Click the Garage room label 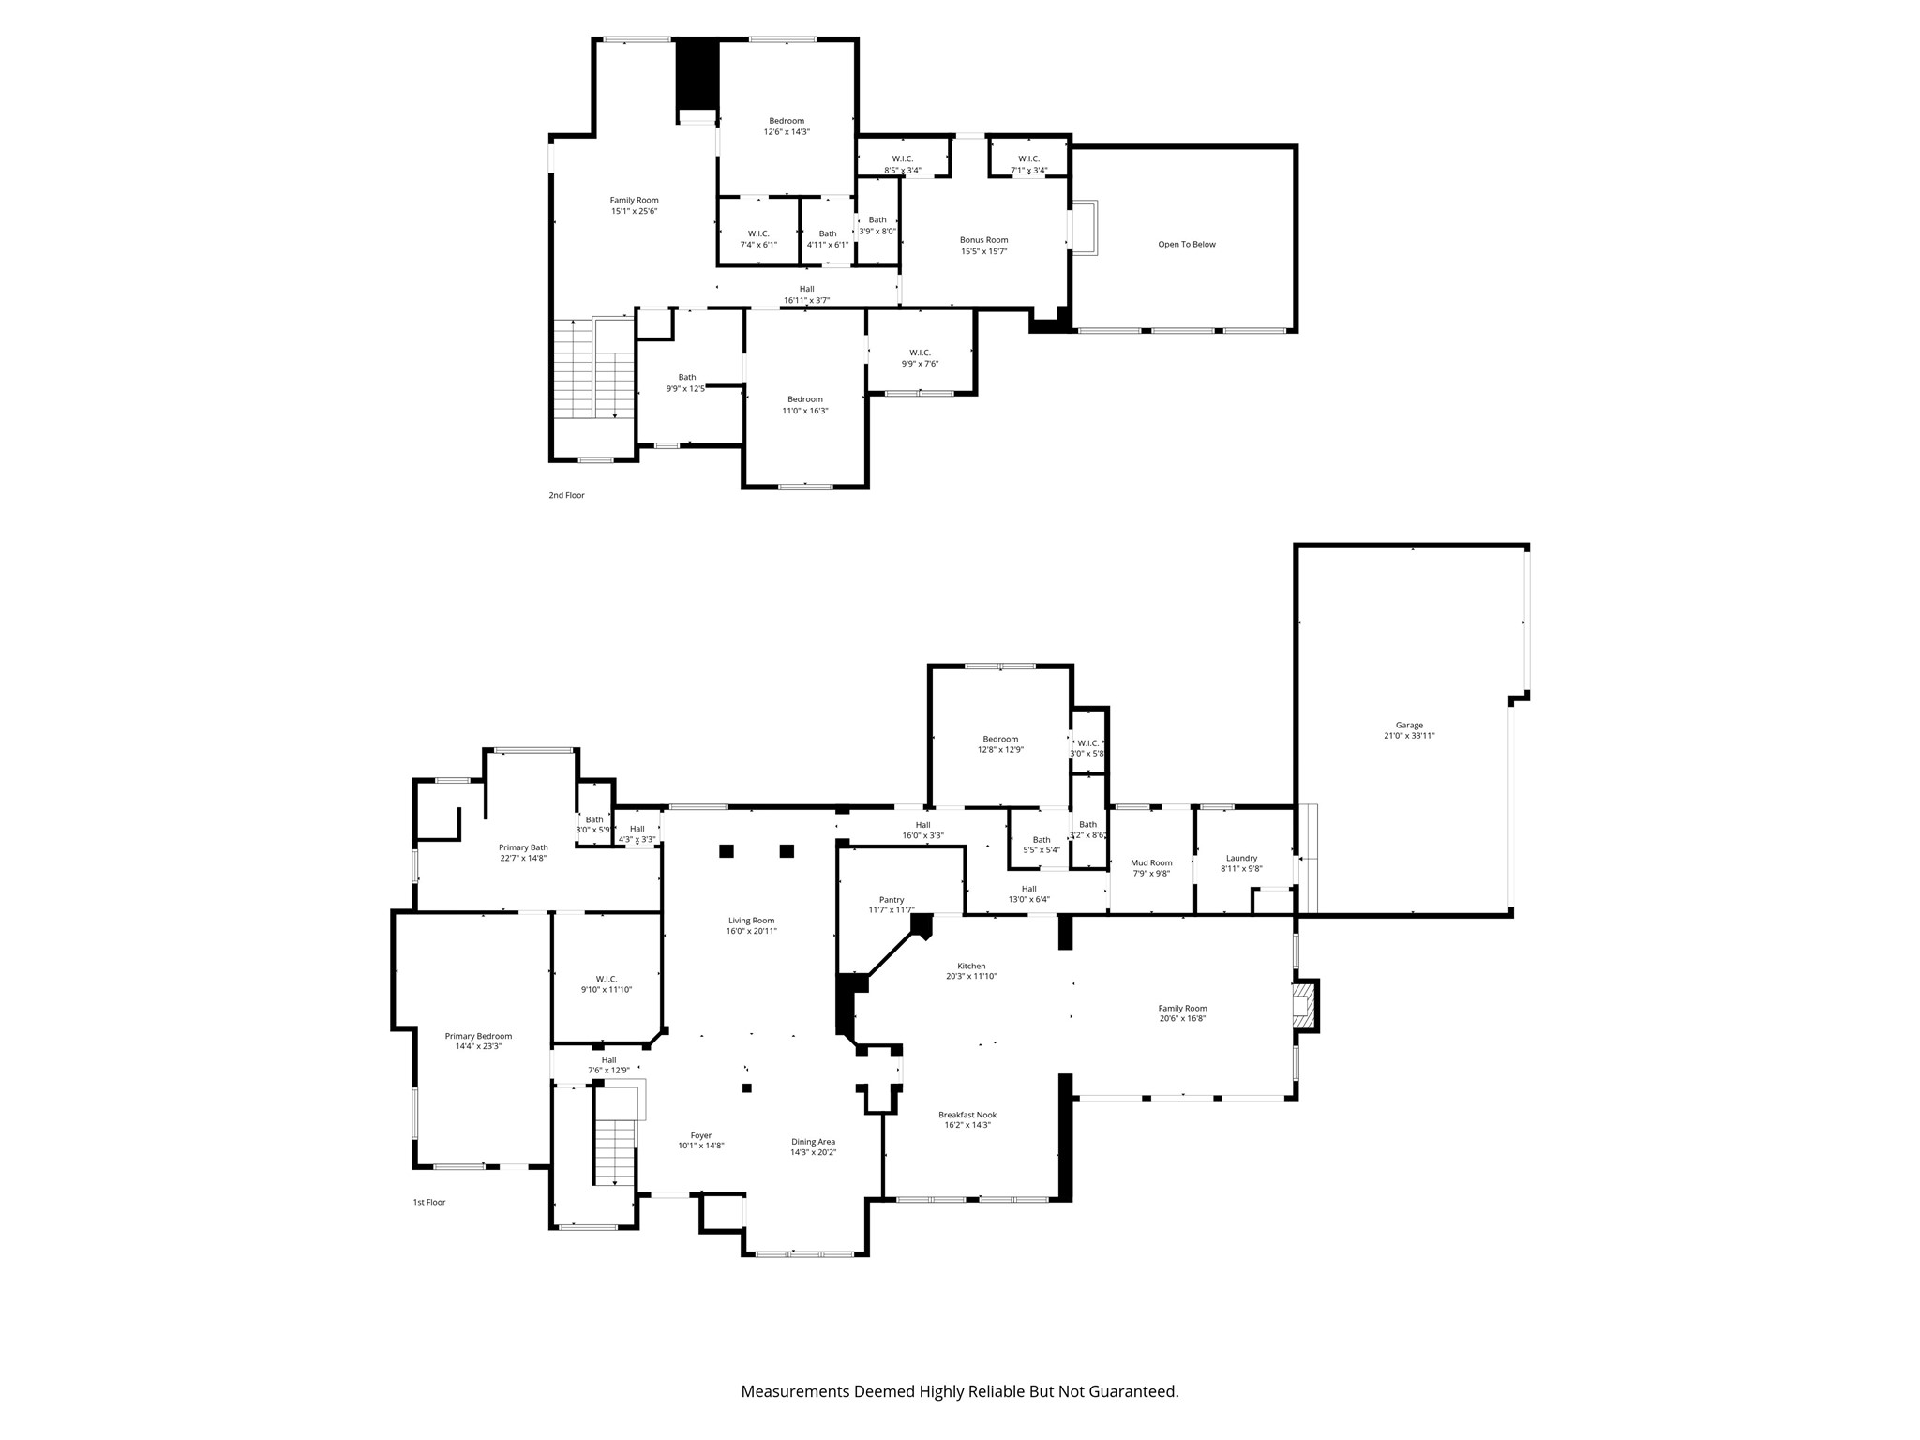(1409, 725)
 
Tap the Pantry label (892, 899)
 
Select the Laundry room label (1241, 858)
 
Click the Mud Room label (1151, 862)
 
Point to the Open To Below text (1186, 245)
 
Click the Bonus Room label (983, 240)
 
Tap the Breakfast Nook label (967, 1115)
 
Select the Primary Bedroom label (478, 1036)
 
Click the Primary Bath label (523, 847)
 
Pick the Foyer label (701, 1135)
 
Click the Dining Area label (813, 1142)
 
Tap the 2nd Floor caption (566, 495)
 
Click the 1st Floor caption (429, 1202)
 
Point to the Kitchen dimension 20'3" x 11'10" (971, 976)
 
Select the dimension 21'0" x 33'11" (1409, 736)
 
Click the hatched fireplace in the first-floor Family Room (1303, 1006)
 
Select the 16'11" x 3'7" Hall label (806, 301)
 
